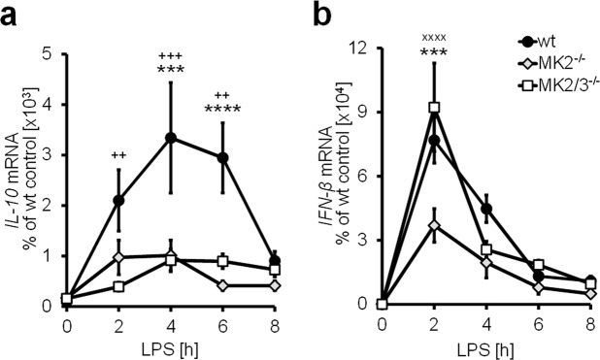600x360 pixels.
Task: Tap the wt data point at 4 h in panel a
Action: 171,138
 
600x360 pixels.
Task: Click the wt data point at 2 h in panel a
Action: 119,200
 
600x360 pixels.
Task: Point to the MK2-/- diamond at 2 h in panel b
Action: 435,225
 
